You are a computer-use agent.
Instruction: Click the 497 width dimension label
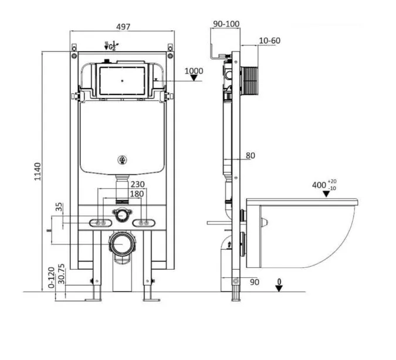(x=123, y=27)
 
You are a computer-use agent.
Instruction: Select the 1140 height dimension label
(x=38, y=172)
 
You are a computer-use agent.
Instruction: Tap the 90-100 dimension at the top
(x=226, y=24)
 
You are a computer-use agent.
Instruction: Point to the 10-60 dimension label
(x=270, y=40)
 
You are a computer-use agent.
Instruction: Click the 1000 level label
(x=194, y=71)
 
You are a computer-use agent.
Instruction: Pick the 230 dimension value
(x=137, y=184)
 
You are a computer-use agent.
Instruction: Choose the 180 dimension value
(x=137, y=194)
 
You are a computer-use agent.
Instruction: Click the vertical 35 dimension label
(x=59, y=207)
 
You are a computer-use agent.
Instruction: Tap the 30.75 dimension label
(x=61, y=274)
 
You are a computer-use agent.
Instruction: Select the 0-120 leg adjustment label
(x=51, y=277)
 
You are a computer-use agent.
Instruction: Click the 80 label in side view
(x=251, y=155)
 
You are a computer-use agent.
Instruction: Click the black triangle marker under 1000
(x=194, y=78)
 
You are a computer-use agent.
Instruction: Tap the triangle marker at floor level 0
(x=279, y=288)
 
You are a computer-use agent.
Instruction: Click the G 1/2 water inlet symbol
(x=111, y=46)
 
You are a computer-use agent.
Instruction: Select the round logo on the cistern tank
(x=122, y=160)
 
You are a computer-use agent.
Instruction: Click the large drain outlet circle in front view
(x=123, y=244)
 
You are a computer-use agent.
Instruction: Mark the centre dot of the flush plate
(x=123, y=81)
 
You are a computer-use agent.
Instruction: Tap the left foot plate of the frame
(x=93, y=300)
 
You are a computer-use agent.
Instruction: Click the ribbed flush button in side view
(x=249, y=81)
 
